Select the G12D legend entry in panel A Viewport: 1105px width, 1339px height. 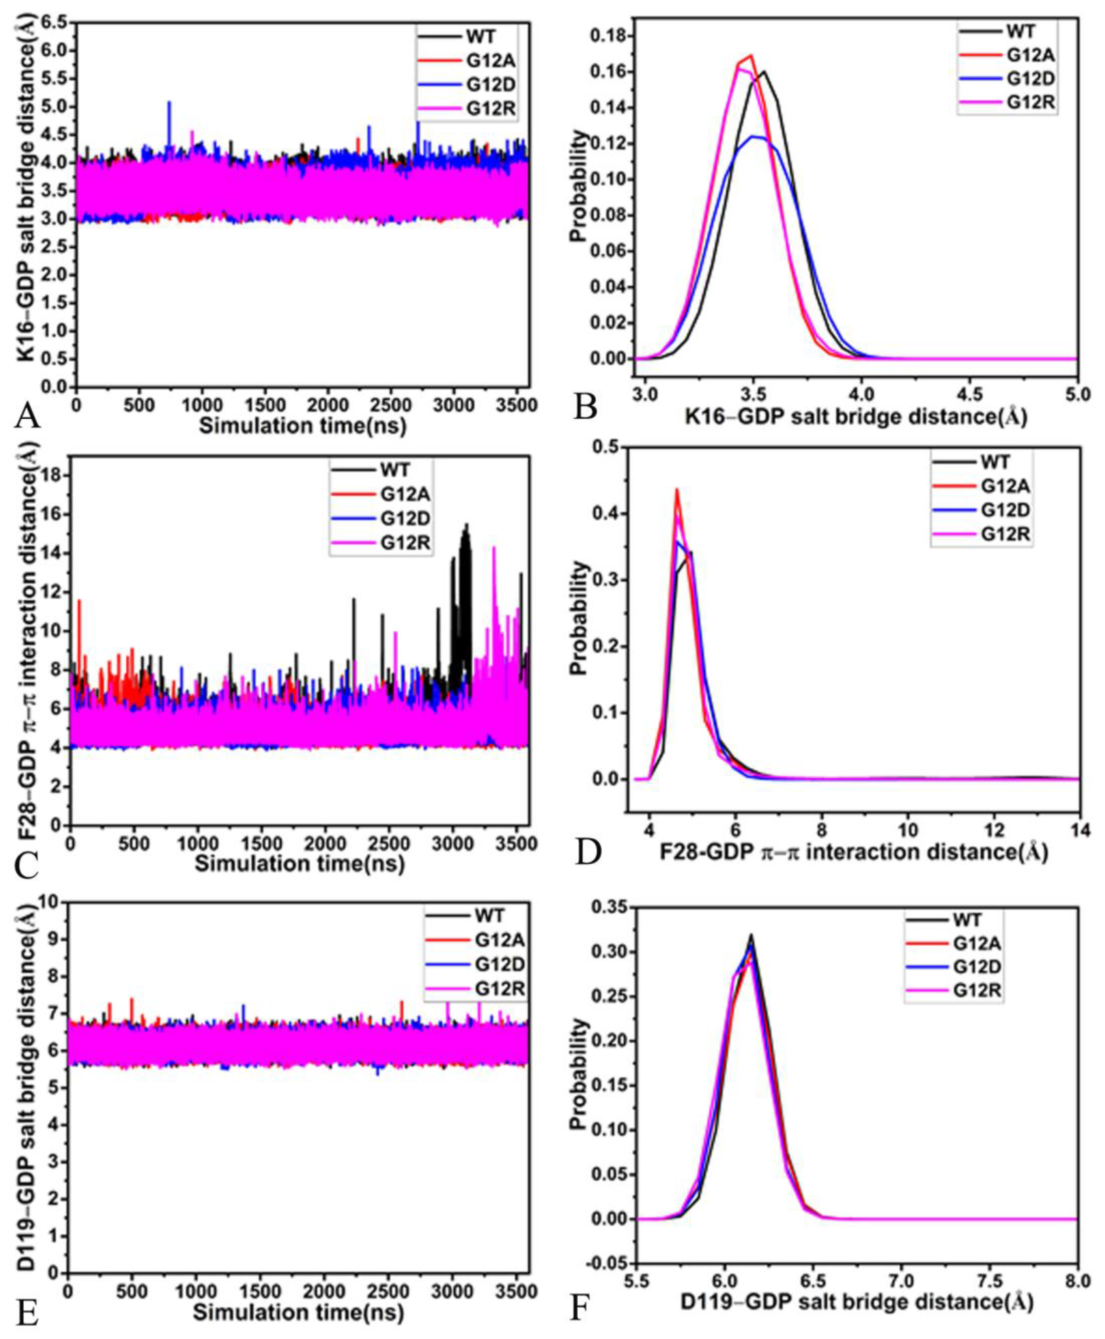[490, 85]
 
